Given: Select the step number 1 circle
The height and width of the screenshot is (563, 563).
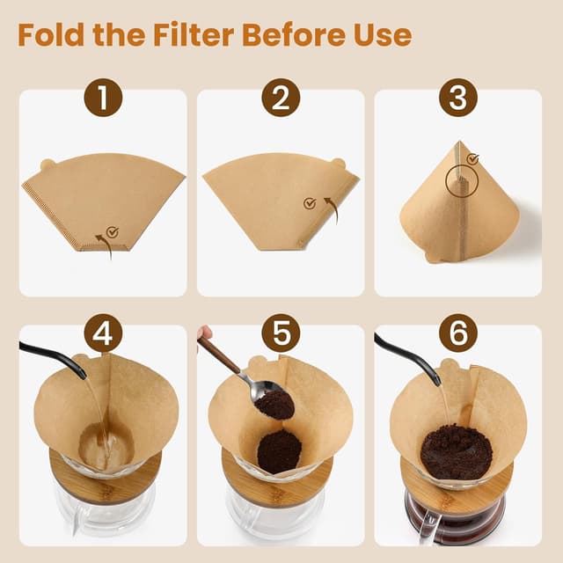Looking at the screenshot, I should (x=103, y=98).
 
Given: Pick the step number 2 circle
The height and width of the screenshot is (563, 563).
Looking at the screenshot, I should (x=280, y=98).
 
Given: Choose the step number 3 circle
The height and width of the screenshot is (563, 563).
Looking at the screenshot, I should (x=457, y=98).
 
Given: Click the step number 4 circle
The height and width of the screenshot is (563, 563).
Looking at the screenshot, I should (x=103, y=334).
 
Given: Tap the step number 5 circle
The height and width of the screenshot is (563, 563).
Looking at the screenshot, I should (x=280, y=334).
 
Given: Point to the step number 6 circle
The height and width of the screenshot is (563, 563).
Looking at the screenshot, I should (x=457, y=334).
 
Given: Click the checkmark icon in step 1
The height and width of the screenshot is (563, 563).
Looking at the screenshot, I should (x=112, y=232).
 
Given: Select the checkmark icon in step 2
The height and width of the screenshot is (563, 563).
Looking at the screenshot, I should (x=309, y=203).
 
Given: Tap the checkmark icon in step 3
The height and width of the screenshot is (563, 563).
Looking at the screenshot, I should (x=473, y=159).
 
